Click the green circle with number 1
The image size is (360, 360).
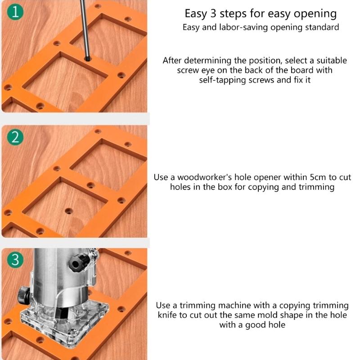click(16, 13)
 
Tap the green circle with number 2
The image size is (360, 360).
click(16, 137)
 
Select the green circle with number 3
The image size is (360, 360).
click(16, 260)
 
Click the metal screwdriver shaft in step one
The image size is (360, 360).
click(84, 27)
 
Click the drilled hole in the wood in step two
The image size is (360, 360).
click(68, 210)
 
